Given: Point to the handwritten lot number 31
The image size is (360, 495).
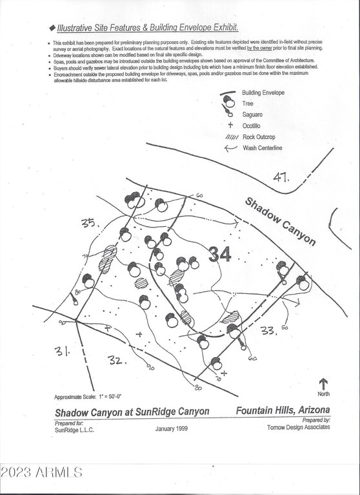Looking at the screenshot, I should tap(63, 352).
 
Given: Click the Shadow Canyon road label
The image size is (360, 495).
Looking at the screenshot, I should tap(280, 220).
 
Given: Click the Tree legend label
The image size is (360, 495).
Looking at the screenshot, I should tap(248, 103).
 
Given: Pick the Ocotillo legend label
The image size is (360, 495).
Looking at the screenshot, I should tap(252, 126).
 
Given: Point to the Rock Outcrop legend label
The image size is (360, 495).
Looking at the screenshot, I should tap(259, 137).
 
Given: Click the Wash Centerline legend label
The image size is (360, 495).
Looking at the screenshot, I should tap(262, 149).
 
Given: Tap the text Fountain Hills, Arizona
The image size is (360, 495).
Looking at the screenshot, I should tap(283, 411).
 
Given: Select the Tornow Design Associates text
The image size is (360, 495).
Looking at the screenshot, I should tap(298, 427).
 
